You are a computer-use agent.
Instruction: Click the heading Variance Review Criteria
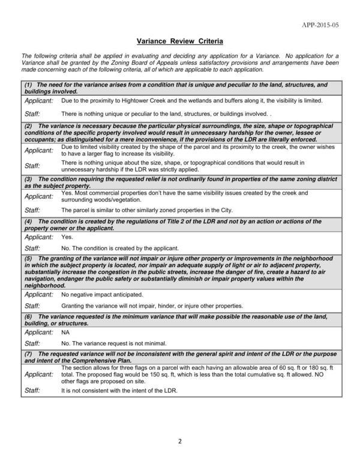coord(180,41)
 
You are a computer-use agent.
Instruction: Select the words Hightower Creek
coord(140,100)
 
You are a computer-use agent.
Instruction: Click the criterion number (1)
coord(28,85)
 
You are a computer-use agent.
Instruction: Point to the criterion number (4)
coord(28,221)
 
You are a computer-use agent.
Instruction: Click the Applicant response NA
coord(66,332)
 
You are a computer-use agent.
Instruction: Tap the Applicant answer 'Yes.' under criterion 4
coord(67,237)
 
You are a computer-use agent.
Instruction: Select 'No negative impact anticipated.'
coord(103,295)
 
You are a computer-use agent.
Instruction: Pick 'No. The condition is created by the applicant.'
coord(120,248)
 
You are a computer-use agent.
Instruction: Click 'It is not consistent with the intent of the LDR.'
coord(120,390)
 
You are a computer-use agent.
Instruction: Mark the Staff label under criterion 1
coord(32,113)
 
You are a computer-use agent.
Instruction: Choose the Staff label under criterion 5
coord(32,306)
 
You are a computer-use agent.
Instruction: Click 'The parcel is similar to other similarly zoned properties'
coord(139,210)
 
